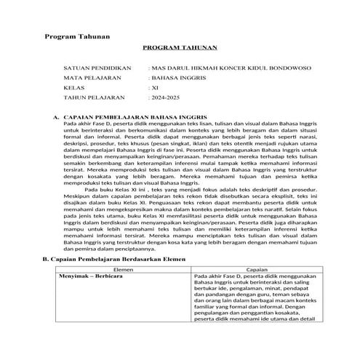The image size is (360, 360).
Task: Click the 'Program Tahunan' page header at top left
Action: point(77,36)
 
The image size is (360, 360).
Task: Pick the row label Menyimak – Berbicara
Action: point(92,277)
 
